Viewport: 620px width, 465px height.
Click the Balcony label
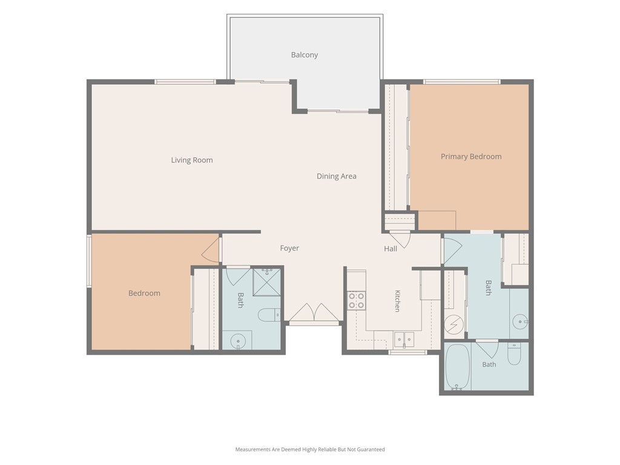pos(305,55)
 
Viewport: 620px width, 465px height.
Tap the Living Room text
pos(192,160)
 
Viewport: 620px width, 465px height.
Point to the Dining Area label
pos(337,176)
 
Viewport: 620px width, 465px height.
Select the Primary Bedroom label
pos(471,157)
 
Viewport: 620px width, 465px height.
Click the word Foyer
pos(289,248)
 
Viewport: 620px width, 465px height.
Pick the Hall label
pos(391,249)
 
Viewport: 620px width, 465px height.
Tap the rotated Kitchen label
pos(398,301)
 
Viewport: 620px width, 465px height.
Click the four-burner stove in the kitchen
pos(356,300)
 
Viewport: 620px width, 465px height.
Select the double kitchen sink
pos(404,339)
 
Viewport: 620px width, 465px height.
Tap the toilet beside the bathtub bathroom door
pos(515,354)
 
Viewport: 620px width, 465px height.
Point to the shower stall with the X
pos(267,282)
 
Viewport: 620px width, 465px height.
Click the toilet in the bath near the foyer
pos(269,315)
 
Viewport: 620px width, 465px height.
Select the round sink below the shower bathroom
pos(237,340)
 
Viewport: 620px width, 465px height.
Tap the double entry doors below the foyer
pos(314,312)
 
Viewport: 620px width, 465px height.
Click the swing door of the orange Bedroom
pos(211,249)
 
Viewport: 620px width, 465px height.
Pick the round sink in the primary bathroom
pos(520,322)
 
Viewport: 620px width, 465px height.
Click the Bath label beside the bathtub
pos(489,364)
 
